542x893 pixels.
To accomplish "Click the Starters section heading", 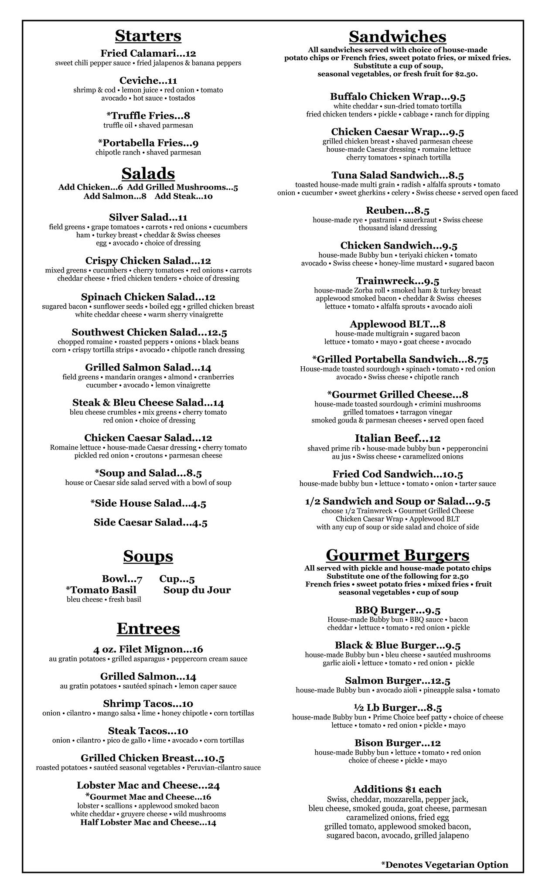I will [148, 36].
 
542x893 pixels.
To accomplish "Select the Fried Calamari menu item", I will [148, 54].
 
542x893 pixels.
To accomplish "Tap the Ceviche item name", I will [148, 81].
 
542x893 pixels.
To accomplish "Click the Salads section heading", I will [148, 174].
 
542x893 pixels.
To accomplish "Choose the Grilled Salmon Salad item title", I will [148, 368].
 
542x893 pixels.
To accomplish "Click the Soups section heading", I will [148, 556].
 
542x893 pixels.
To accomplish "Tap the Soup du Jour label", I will [197, 590].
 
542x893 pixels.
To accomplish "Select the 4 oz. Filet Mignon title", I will [148, 649].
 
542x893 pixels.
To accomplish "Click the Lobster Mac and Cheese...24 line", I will [148, 785].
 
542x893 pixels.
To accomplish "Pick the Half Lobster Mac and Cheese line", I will [148, 822].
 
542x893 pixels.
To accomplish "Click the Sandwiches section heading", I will [397, 36].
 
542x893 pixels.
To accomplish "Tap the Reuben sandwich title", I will [397, 211].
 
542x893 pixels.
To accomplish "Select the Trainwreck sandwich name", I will [397, 281].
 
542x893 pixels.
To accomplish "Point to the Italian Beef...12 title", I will [397, 438].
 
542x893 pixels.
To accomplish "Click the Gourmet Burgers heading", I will [397, 555].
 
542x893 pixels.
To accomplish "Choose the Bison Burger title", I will [397, 743].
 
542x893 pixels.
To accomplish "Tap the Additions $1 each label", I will [397, 789].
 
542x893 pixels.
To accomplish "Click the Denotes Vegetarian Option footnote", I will [444, 865].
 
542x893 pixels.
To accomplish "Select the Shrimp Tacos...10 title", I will [148, 704].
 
